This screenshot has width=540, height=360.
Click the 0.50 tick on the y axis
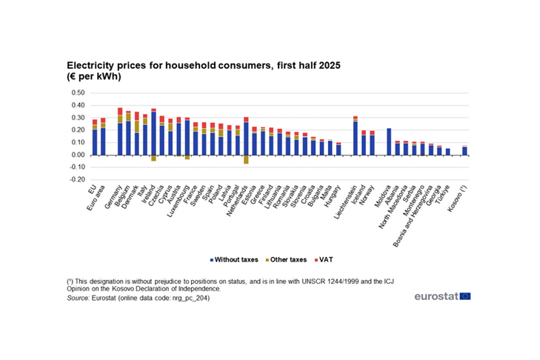[x=79, y=93]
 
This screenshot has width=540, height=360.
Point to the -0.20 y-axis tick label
[x=78, y=179]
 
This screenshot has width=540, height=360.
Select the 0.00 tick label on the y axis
[x=79, y=155]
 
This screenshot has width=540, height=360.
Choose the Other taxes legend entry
[x=285, y=260]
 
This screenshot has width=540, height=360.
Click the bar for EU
[x=95, y=137]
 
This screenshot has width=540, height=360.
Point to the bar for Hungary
[x=339, y=149]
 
